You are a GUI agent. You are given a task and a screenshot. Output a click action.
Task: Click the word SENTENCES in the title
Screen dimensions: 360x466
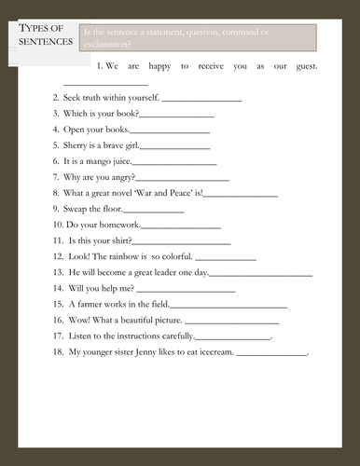tap(44, 43)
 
